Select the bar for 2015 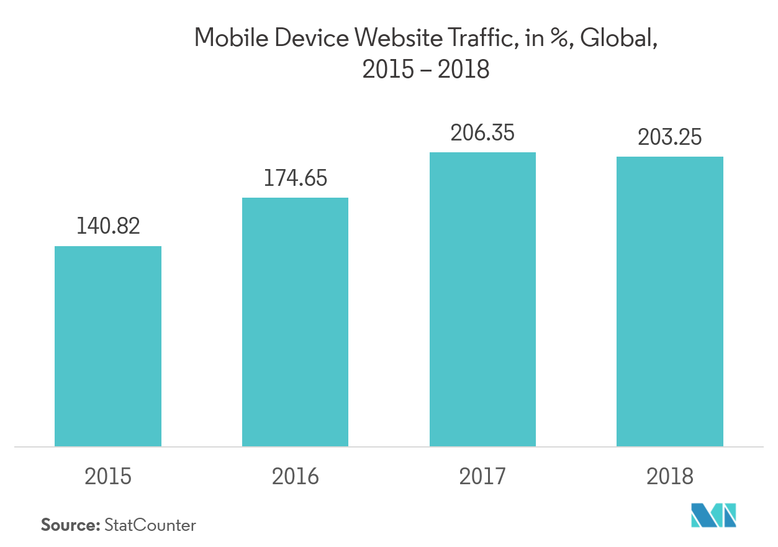click(108, 346)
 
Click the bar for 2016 click(295, 322)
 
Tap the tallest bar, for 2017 click(482, 299)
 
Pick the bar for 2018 click(669, 301)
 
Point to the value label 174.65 click(295, 178)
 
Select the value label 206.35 click(482, 132)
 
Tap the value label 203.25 click(669, 137)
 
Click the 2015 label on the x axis click(108, 477)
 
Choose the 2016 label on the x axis click(295, 477)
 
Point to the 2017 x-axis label click(482, 477)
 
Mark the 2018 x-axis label click(669, 477)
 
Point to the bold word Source click(70, 525)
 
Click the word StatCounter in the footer click(150, 525)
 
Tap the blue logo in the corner click(714, 515)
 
